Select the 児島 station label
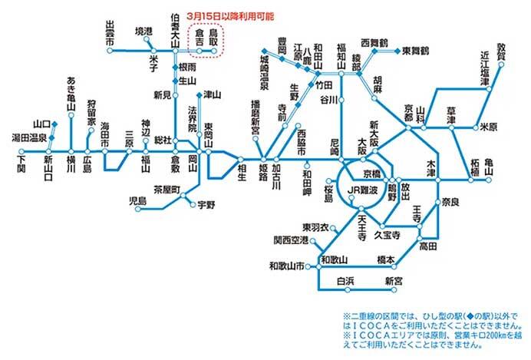[x=136, y=200]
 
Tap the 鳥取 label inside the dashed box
[x=216, y=38]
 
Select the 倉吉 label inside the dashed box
[x=200, y=38]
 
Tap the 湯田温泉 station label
[x=28, y=139]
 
